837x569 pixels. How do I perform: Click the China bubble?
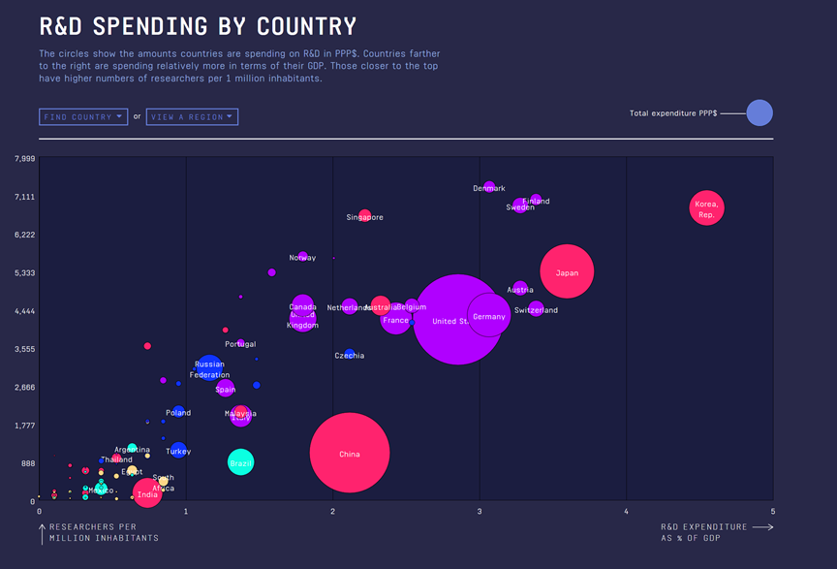coord(350,453)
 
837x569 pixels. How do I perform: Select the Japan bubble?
coord(567,272)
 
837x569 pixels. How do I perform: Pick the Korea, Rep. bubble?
coord(707,207)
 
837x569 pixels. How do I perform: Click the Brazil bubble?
coord(240,462)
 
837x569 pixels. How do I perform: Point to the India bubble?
coord(147,494)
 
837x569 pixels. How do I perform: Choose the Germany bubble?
coord(489,315)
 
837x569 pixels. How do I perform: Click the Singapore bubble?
coord(364,215)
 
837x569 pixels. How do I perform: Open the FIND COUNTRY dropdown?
coord(83,117)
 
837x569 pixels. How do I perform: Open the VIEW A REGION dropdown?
coord(192,117)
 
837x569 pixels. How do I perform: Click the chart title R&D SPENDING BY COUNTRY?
coord(198,26)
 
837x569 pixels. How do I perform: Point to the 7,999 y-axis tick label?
coord(21,159)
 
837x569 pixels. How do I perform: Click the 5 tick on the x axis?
coord(772,510)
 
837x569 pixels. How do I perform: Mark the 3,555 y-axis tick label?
coord(21,349)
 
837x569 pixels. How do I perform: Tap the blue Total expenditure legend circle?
coord(759,113)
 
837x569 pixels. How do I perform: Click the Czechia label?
coord(350,356)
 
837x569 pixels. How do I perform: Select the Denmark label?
coord(488,188)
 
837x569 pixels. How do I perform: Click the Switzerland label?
coord(536,310)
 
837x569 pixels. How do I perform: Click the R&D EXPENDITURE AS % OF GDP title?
coord(704,532)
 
